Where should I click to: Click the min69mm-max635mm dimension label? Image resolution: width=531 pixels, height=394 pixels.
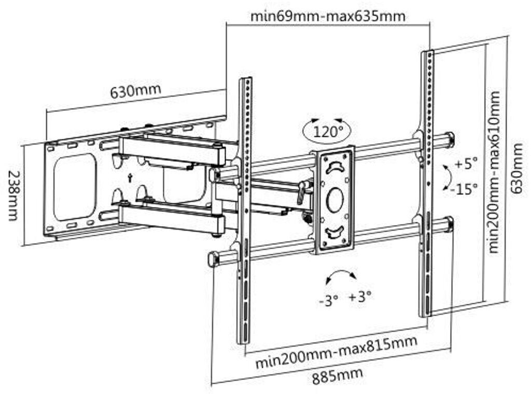[328, 16]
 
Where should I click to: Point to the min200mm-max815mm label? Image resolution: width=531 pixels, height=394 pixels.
[336, 352]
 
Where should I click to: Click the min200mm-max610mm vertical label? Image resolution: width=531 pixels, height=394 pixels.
[494, 172]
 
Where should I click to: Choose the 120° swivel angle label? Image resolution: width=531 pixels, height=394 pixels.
[327, 131]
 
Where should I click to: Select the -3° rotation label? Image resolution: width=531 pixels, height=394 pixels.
[328, 300]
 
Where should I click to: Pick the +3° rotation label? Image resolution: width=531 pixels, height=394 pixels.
[360, 297]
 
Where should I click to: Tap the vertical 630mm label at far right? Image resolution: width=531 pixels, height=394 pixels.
[517, 168]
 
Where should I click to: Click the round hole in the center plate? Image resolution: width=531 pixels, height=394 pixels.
[335, 200]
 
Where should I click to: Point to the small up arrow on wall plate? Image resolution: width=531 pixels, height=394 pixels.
[130, 178]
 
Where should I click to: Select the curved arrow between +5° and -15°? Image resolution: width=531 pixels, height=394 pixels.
[449, 177]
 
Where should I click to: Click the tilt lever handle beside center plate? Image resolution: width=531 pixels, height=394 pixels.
[301, 192]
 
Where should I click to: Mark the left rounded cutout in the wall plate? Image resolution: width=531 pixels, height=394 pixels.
[75, 187]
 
